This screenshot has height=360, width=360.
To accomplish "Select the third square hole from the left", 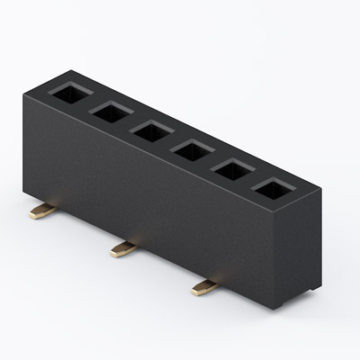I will coord(151,130).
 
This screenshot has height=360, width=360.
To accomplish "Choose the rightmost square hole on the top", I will coord(274,189).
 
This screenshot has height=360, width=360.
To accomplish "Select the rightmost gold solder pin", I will coord(204,287).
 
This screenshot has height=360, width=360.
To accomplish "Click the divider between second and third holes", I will coord(131,121).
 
